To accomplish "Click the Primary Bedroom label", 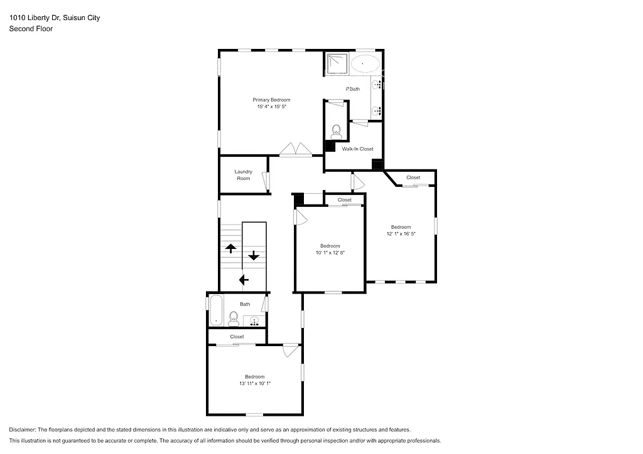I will (x=271, y=100).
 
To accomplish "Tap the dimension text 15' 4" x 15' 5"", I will (x=271, y=107).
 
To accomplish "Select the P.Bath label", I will (x=353, y=89).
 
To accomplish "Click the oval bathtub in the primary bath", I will (x=364, y=64).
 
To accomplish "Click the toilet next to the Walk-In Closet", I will (x=336, y=131).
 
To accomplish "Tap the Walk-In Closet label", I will (x=357, y=149).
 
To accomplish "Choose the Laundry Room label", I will (x=243, y=175).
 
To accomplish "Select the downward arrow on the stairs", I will (x=254, y=255).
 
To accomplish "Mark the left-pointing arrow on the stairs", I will (x=244, y=280).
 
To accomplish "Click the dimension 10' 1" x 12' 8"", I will (x=330, y=253).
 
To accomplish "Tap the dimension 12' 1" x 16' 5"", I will (x=401, y=234).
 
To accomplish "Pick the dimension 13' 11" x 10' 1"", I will (x=254, y=383).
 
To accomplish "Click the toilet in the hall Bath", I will (x=234, y=319).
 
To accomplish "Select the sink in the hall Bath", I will (x=255, y=321).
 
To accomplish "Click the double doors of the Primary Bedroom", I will (x=296, y=150).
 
